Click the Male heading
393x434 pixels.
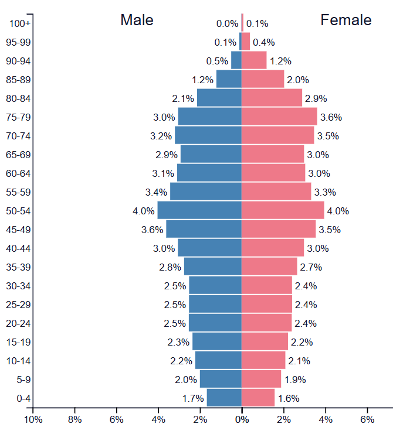pyautogui.click(x=137, y=20)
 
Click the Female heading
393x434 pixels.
pyautogui.click(x=345, y=20)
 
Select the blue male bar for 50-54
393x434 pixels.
pyautogui.click(x=199, y=211)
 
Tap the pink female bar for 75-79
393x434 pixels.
pyautogui.click(x=279, y=117)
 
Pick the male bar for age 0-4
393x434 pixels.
pyautogui.click(x=224, y=398)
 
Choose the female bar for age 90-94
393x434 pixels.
pyautogui.click(x=254, y=60)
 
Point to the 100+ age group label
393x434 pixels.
pyautogui.click(x=21, y=23)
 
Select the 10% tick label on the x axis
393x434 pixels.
pyautogui.click(x=33, y=419)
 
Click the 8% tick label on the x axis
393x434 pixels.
pyautogui.click(x=74, y=419)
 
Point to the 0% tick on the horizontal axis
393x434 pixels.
pyautogui.click(x=242, y=419)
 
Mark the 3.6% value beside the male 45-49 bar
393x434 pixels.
pyautogui.click(x=151, y=230)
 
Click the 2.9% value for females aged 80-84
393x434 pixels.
pyautogui.click(x=316, y=98)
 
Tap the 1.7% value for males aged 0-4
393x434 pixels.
pyautogui.click(x=192, y=398)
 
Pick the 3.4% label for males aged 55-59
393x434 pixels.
pyautogui.click(x=155, y=192)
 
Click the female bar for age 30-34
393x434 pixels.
pyautogui.click(x=267, y=286)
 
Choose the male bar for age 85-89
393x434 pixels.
pyautogui.click(x=229, y=79)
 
